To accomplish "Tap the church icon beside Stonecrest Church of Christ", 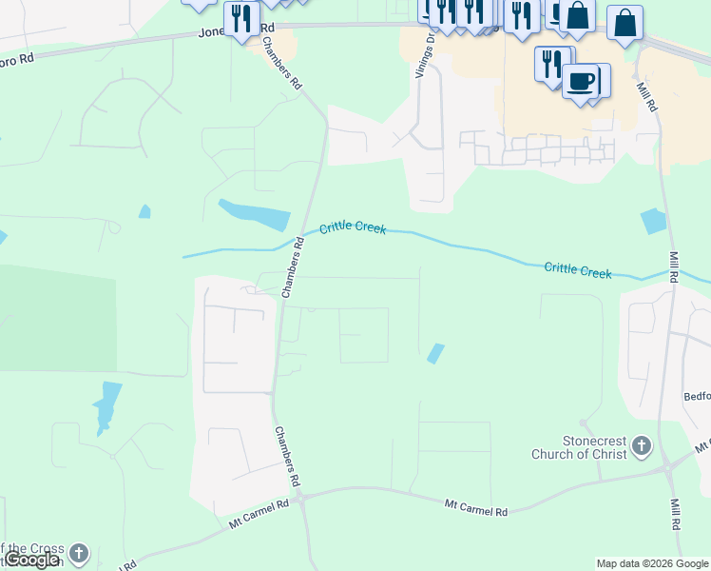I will (642, 445).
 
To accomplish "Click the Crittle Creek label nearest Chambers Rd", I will (353, 227).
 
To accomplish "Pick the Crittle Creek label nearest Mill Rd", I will (578, 270).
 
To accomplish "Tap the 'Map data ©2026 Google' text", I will (652, 563).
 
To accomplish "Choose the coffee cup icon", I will (580, 80).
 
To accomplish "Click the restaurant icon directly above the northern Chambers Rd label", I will (241, 17).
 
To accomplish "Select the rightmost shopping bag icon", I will (625, 23).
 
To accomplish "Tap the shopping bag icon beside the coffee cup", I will (577, 16).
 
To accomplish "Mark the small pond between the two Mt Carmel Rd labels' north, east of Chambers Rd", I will (435, 353).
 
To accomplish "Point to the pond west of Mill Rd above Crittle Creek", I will (653, 222).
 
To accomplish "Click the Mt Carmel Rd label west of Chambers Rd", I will (259, 515).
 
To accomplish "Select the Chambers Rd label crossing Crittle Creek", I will (294, 268).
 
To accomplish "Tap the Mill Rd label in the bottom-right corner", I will (675, 514).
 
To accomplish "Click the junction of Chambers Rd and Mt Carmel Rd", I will (299, 497).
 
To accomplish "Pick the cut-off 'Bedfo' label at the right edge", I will (697, 395).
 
